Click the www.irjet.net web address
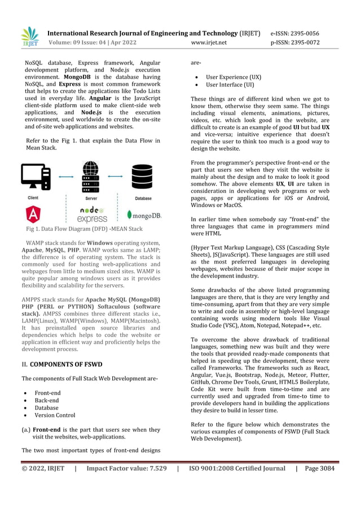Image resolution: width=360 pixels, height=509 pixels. (209, 42)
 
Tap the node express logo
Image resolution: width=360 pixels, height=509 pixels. (92, 214)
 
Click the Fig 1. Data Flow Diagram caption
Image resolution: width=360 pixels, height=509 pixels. (84, 229)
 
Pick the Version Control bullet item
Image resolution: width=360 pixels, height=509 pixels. (55, 415)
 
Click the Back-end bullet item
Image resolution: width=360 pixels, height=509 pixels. (47, 400)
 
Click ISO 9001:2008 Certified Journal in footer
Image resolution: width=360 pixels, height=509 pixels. (237, 468)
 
